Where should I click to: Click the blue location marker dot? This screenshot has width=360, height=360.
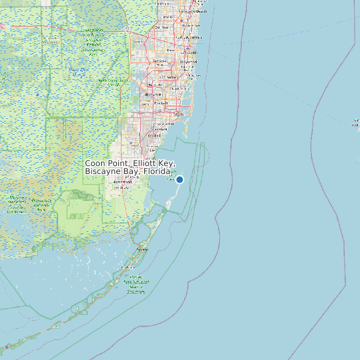coord(179,179)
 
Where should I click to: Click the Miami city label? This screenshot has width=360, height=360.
coord(178,114)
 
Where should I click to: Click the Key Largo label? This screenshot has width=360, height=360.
coord(141,249)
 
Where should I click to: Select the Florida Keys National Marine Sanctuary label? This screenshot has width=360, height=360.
coord(137,284)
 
